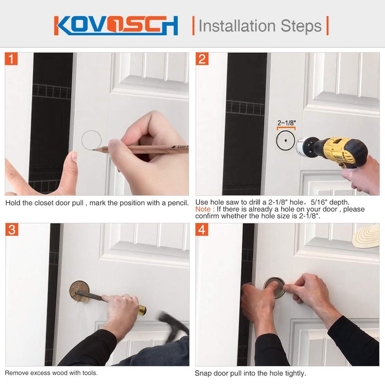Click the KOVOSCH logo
click(x=116, y=25)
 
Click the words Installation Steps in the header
click(x=260, y=25)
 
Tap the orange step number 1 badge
click(x=12, y=59)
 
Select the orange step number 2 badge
click(x=203, y=59)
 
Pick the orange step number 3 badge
click(x=12, y=230)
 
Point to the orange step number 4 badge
click(x=203, y=230)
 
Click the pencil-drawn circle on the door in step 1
click(x=91, y=140)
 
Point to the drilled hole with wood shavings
click(x=79, y=292)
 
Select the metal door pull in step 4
click(x=274, y=287)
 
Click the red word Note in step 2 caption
click(x=203, y=209)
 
